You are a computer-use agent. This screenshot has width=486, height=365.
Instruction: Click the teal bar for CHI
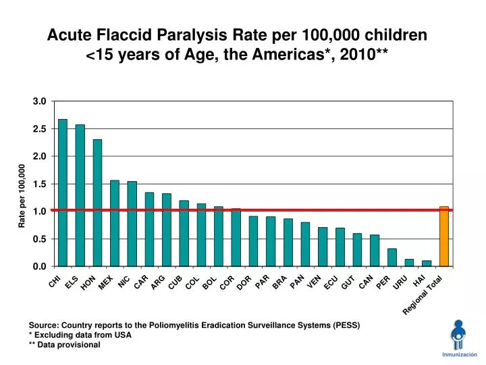(x=63, y=193)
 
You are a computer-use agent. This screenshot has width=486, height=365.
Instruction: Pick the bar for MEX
(x=115, y=223)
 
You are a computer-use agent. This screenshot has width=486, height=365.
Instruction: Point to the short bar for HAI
(x=427, y=263)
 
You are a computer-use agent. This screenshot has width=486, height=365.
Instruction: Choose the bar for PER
(x=392, y=258)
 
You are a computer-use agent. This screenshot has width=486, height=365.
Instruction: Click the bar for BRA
(x=288, y=242)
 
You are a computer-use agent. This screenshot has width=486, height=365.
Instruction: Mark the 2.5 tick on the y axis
(x=39, y=128)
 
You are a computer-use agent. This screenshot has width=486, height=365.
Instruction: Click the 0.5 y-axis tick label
(x=39, y=239)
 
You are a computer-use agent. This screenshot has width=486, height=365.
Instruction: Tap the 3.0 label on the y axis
(x=39, y=101)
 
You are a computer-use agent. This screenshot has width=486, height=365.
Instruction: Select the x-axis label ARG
(x=158, y=283)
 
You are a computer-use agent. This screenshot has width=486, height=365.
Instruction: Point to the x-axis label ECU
(x=331, y=283)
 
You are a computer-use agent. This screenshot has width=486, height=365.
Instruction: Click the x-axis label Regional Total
(x=423, y=295)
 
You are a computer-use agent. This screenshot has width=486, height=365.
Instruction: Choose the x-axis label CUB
(x=175, y=283)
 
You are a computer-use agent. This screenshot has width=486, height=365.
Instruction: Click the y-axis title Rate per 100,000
(x=22, y=196)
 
